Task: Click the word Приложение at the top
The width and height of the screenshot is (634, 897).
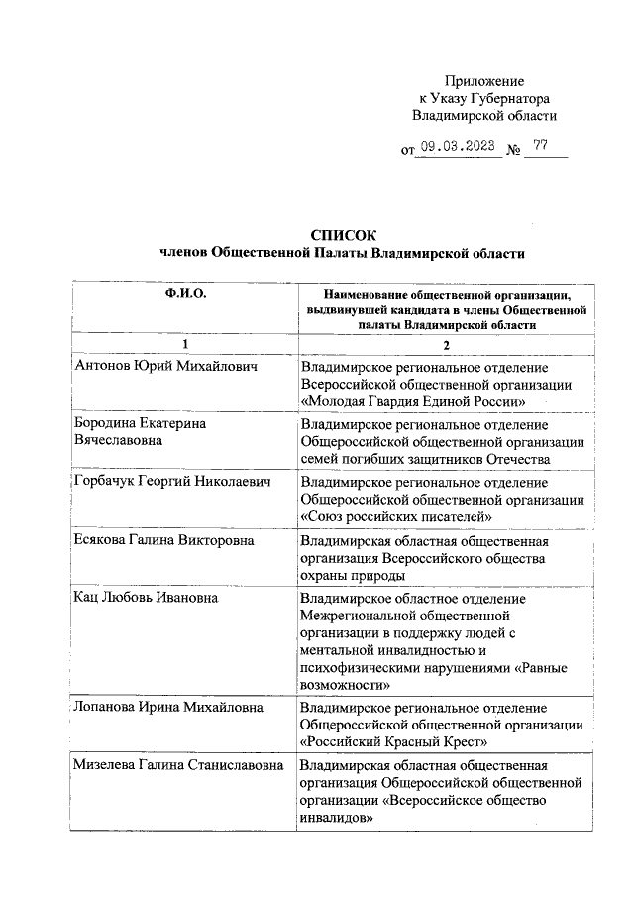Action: point(484,81)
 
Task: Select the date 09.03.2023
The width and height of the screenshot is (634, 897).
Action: point(455,149)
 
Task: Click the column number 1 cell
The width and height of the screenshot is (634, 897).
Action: point(185,344)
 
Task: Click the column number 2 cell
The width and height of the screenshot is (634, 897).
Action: point(447,344)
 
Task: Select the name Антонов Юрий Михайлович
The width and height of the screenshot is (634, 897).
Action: point(166,366)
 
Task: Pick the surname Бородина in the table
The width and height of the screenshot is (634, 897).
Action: point(108,422)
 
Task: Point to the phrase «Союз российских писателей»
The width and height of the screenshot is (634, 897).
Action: point(396,516)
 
